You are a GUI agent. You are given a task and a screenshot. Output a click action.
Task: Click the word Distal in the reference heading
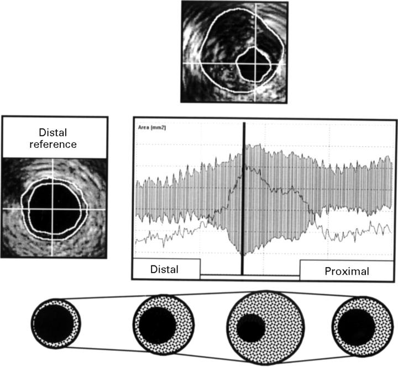pos(54,132)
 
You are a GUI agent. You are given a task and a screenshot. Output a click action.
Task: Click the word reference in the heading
pos(54,144)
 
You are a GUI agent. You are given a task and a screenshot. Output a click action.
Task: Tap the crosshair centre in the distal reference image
pos(54,209)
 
